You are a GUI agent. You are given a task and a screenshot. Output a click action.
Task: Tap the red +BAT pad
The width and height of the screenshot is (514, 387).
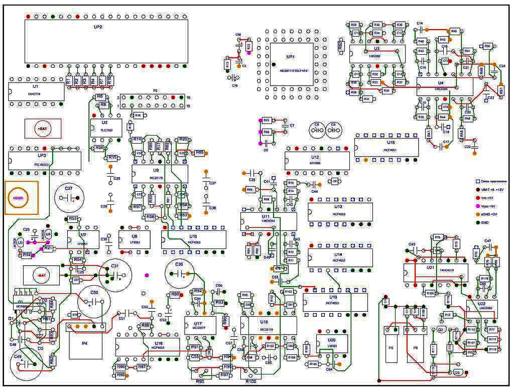[43, 129]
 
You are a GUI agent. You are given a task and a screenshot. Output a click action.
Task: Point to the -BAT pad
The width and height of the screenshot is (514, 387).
[41, 276]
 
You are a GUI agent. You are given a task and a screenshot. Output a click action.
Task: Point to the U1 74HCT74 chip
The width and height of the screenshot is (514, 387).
[36, 92]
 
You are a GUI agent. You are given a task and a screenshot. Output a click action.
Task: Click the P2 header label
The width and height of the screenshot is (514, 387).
[156, 91]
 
